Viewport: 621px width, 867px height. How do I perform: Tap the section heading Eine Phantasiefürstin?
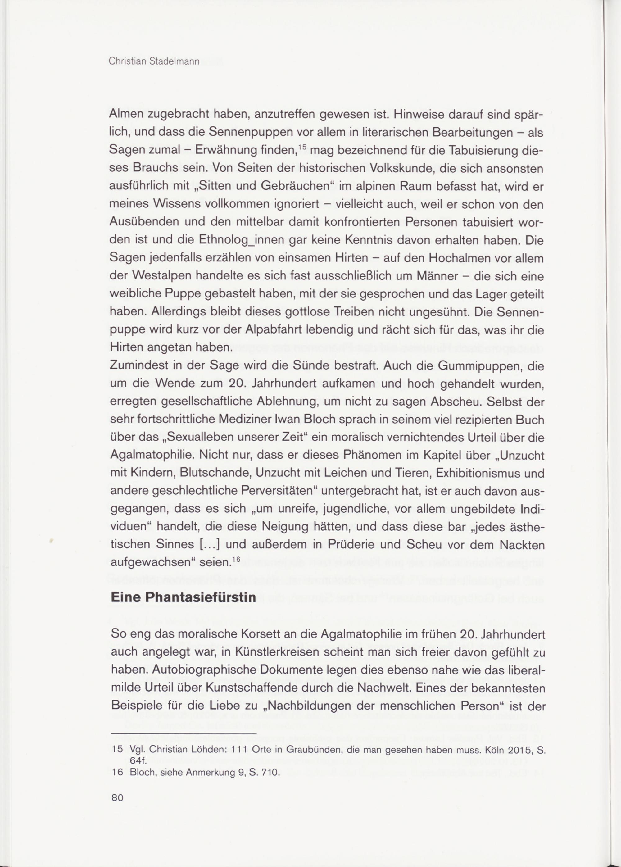pyautogui.click(x=183, y=597)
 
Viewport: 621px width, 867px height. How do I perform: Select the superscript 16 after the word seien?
pyautogui.click(x=236, y=559)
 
